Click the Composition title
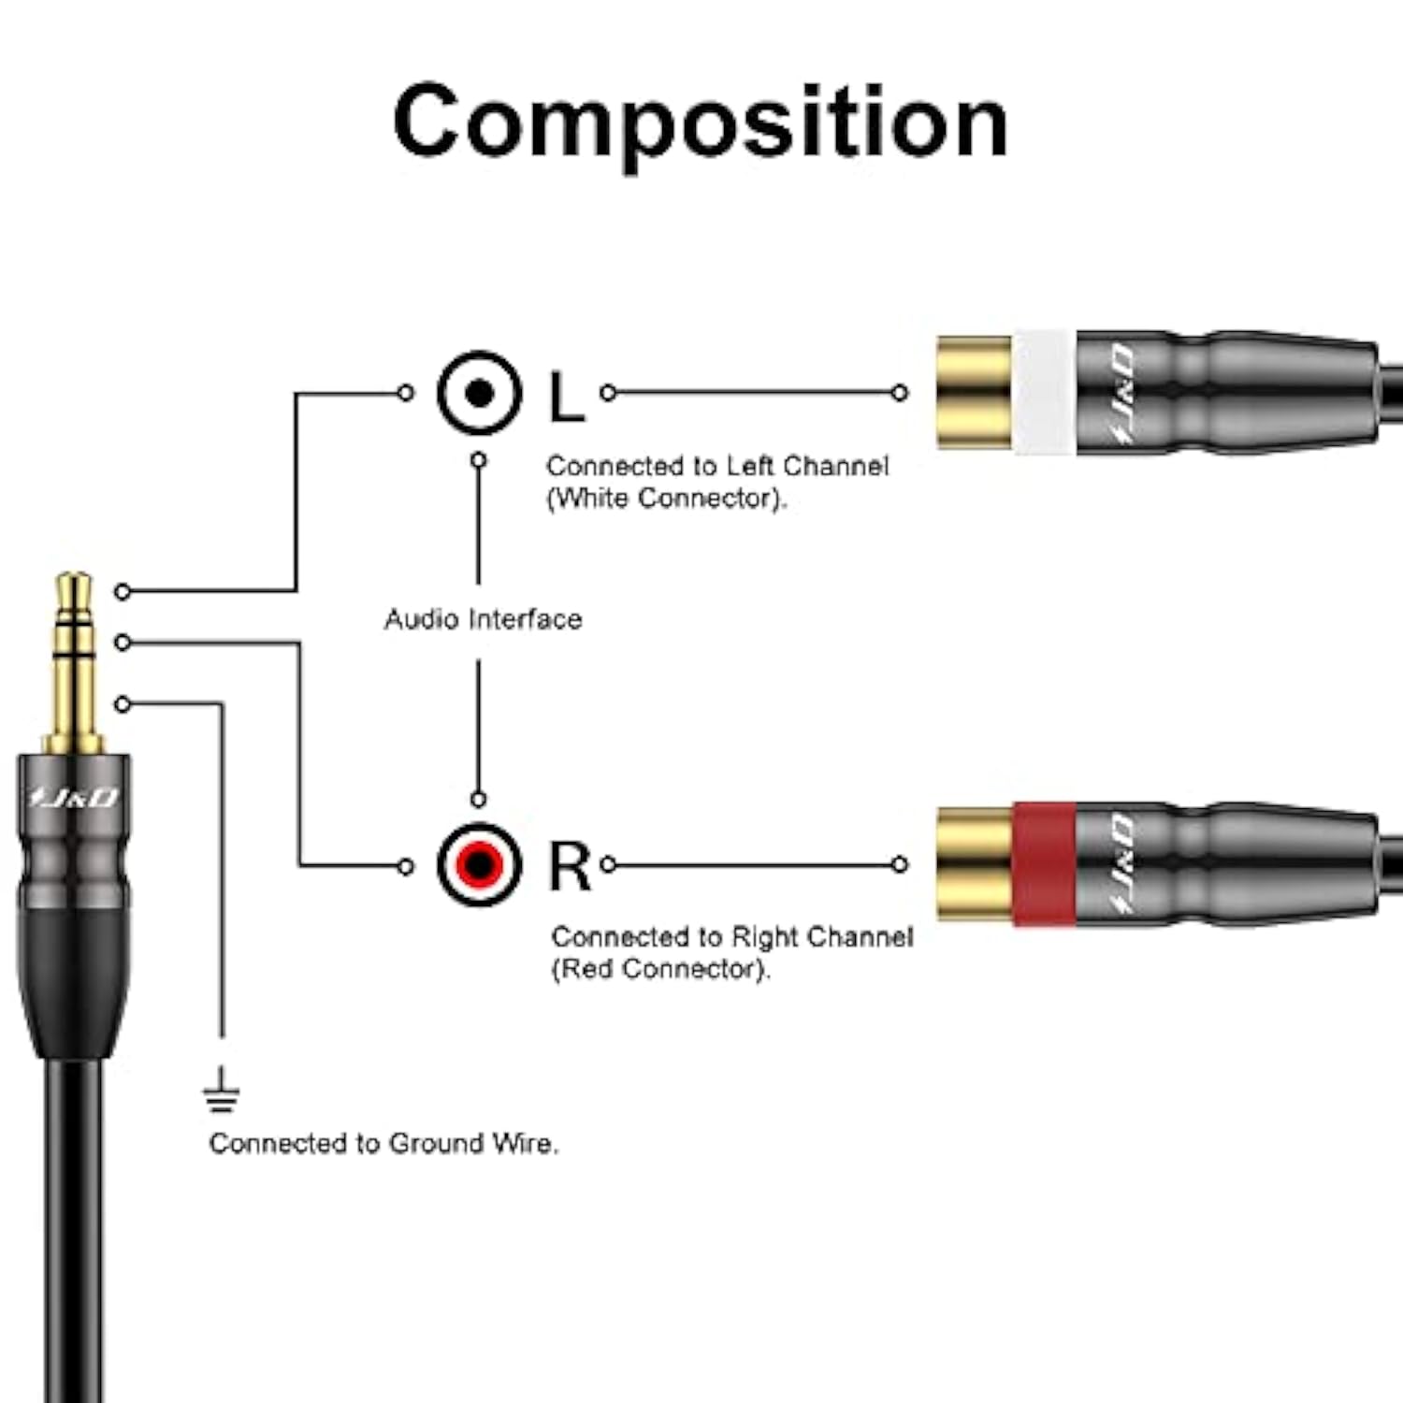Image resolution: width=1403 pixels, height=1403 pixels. pyautogui.click(x=701, y=123)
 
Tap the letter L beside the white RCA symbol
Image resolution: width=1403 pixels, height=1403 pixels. pyautogui.click(x=566, y=397)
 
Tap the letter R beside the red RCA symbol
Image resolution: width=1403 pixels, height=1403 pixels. pyautogui.click(x=569, y=866)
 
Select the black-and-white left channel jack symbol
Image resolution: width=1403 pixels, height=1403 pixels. pyautogui.click(x=479, y=394)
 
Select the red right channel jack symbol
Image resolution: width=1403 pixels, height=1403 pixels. pyautogui.click(x=479, y=864)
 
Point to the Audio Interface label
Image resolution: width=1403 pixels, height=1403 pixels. pyautogui.click(x=483, y=619)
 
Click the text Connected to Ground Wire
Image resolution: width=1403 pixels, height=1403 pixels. pyautogui.click(x=383, y=1143)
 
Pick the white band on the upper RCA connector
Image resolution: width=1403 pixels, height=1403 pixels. pyautogui.click(x=1043, y=393)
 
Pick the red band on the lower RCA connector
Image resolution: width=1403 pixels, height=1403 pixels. pyautogui.click(x=1043, y=864)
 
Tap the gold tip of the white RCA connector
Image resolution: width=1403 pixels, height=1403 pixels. pyautogui.click(x=974, y=393)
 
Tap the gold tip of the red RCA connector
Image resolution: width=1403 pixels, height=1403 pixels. pyautogui.click(x=974, y=864)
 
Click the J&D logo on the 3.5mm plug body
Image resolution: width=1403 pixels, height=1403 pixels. pyautogui.click(x=74, y=798)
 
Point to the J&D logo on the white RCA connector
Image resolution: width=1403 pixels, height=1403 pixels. pyautogui.click(x=1122, y=393)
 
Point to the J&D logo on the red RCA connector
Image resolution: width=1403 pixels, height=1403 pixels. pyautogui.click(x=1122, y=864)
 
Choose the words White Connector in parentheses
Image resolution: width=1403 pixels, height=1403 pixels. pyautogui.click(x=667, y=499)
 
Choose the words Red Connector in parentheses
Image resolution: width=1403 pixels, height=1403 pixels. pyautogui.click(x=660, y=969)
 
